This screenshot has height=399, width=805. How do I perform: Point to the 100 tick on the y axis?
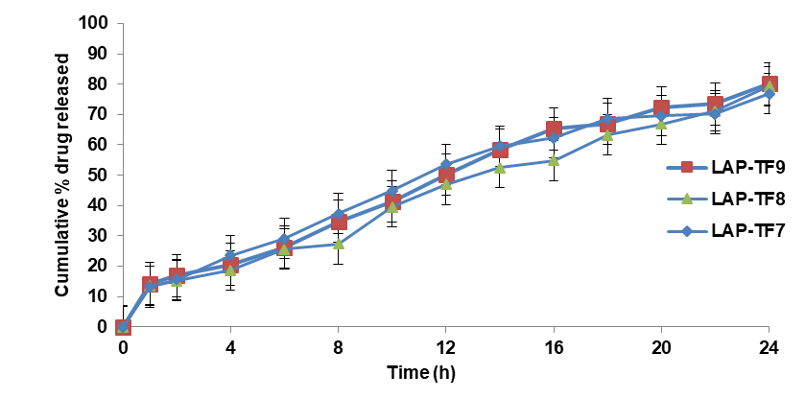tap(96, 23)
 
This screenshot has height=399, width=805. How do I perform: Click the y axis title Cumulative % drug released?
tap(62, 176)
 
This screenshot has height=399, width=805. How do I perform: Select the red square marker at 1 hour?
tap(150, 285)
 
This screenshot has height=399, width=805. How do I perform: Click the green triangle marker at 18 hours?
tap(607, 135)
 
